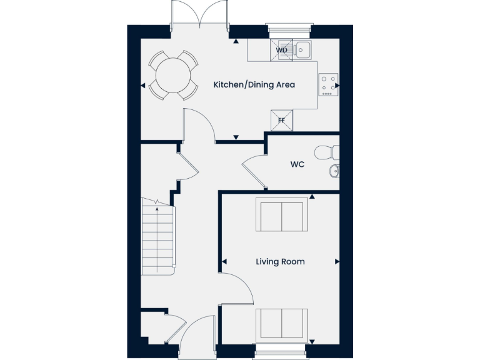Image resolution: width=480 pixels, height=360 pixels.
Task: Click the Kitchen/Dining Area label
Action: tap(254, 84)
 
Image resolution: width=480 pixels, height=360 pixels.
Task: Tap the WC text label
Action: tap(297, 165)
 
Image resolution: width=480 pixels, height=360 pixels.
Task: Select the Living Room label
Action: tap(280, 261)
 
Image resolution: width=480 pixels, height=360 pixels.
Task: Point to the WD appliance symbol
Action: tap(282, 50)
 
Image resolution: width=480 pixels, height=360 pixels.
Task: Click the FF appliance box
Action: tap(281, 120)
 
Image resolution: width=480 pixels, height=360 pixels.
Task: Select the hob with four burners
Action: tap(328, 86)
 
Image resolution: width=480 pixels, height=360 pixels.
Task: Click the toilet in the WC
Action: tap(327, 152)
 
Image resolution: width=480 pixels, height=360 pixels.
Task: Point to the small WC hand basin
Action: tap(334, 170)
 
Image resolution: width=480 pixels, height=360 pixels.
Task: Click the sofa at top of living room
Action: tap(282, 215)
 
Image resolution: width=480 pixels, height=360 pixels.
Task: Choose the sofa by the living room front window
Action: tap(282, 324)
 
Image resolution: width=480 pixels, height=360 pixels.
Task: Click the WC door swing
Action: tap(254, 171)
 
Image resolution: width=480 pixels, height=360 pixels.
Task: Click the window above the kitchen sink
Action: tap(288, 27)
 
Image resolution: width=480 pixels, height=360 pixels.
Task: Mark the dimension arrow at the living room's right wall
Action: tap(337, 261)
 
